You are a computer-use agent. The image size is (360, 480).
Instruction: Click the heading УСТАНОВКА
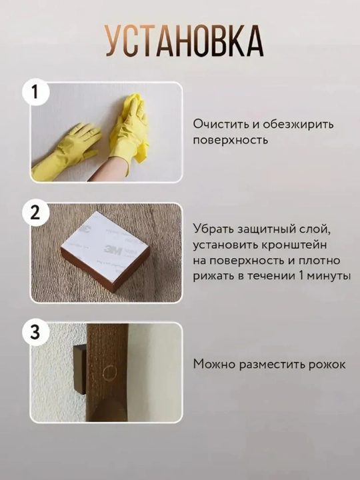point(185,41)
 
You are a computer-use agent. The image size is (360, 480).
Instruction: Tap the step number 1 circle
point(35,92)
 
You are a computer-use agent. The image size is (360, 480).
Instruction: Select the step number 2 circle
point(35,213)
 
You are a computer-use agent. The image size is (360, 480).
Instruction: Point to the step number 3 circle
point(35,333)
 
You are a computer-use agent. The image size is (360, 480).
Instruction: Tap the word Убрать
point(211,229)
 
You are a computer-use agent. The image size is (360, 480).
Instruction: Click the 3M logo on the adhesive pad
point(113,250)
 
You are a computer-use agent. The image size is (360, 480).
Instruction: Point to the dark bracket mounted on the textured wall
point(80,369)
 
